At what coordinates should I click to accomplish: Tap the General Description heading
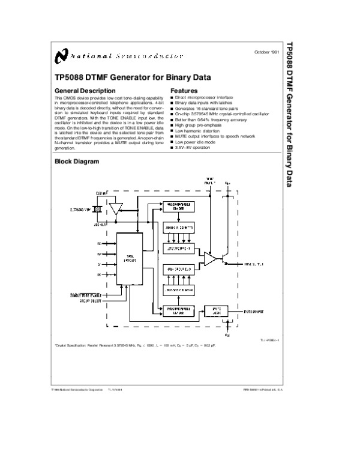pos(82,90)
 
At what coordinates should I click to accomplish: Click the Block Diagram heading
pos(76,161)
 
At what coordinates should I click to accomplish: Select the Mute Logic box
pos(216,310)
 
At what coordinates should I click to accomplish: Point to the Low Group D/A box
pos(178,247)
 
